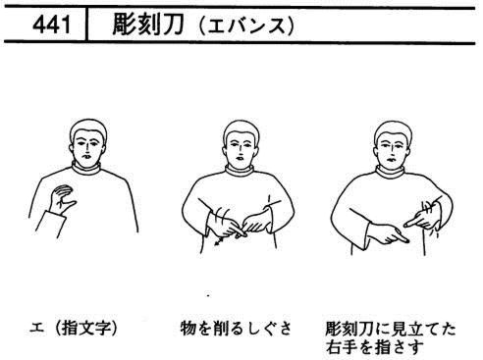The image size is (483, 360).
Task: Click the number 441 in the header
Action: pyautogui.click(x=51, y=25)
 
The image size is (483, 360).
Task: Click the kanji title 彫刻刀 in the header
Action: pyautogui.click(x=148, y=25)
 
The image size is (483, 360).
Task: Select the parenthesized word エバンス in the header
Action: pyautogui.click(x=246, y=26)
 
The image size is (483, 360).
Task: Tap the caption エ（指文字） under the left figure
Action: pyautogui.click(x=74, y=328)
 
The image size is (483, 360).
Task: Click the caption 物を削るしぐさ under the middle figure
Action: pyautogui.click(x=236, y=328)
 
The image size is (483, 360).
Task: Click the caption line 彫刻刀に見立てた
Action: pyautogui.click(x=391, y=329)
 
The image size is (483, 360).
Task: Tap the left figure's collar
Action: pyautogui.click(x=86, y=168)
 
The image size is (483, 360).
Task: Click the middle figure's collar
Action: pyautogui.click(x=241, y=171)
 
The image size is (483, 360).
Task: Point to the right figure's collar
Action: pyautogui.click(x=391, y=172)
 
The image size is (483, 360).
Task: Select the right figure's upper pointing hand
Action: pyautogui.click(x=422, y=218)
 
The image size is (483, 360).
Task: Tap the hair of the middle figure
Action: pyautogui.click(x=241, y=130)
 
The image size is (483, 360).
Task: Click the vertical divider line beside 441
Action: pyautogui.click(x=86, y=25)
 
